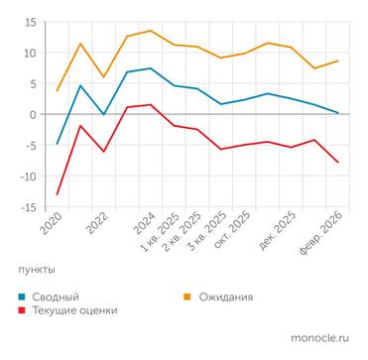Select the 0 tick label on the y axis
[32, 115]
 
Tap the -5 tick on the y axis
[30, 146]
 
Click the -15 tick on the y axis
[27, 207]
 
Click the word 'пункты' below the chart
[37, 270]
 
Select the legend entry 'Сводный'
[58, 297]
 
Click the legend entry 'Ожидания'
[225, 297]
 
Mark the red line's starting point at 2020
[57, 194]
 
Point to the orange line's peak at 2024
[150, 31]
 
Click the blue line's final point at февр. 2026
[338, 113]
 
